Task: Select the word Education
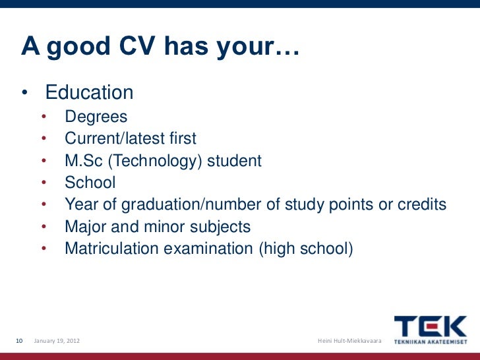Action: [89, 93]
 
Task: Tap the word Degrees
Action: [96, 117]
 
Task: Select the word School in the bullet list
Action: [90, 183]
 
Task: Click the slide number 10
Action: [19, 340]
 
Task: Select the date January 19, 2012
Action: [58, 340]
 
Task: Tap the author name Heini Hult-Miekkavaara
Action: [349, 340]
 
